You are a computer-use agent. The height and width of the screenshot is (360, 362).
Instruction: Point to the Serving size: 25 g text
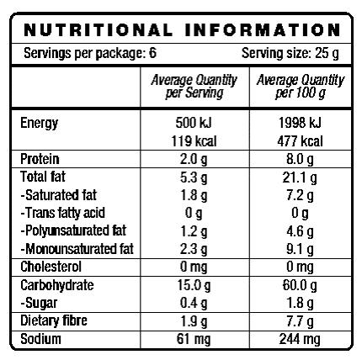click(x=290, y=54)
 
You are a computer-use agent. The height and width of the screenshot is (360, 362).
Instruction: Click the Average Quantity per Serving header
click(x=194, y=85)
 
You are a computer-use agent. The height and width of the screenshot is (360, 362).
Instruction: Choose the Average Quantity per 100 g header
click(x=299, y=85)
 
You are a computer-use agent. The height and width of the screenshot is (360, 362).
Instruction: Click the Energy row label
click(x=39, y=124)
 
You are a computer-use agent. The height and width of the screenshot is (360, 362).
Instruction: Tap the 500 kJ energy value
click(x=194, y=124)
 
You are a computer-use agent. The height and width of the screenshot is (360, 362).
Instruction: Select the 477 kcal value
click(x=299, y=140)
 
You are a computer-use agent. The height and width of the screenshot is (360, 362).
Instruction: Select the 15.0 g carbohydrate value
click(x=194, y=285)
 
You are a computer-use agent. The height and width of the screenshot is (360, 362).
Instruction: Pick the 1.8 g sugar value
click(x=299, y=301)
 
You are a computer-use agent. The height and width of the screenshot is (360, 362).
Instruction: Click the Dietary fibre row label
click(x=54, y=320)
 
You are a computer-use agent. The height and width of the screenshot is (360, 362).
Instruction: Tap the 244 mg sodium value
click(x=299, y=339)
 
